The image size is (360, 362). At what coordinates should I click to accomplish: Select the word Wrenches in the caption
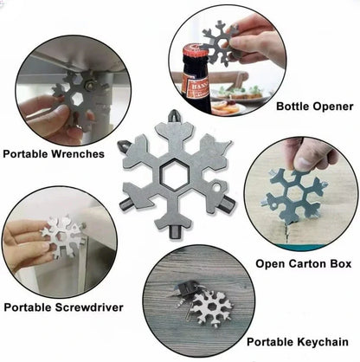pos(78,153)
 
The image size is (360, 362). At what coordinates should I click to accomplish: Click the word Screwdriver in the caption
pos(89,307)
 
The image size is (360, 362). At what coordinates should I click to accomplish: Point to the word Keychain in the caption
pos(323,342)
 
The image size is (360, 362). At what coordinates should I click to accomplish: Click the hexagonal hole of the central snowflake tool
pos(175,174)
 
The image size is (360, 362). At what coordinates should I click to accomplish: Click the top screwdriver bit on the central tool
pos(174,115)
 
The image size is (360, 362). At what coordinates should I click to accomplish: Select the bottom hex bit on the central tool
pos(175,232)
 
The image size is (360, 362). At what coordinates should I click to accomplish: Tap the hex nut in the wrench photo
pos(88,85)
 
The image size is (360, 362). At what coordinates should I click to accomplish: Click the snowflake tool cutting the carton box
pos(294,197)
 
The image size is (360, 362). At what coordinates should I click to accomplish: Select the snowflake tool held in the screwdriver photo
pos(64,236)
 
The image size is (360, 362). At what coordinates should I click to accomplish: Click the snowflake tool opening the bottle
pos(218,42)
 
